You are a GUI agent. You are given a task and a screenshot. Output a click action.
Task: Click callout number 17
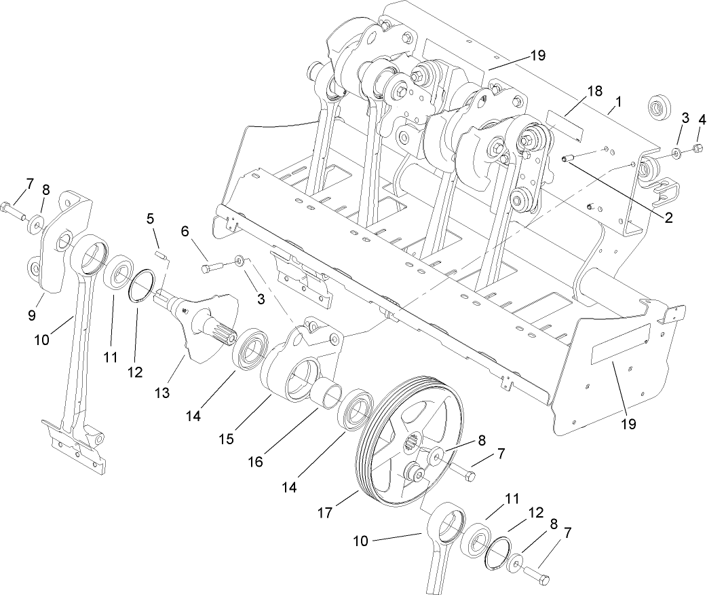tap(325, 513)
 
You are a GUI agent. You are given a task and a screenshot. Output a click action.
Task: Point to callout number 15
tap(227, 439)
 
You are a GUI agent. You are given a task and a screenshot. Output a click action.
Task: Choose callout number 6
tap(184, 231)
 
